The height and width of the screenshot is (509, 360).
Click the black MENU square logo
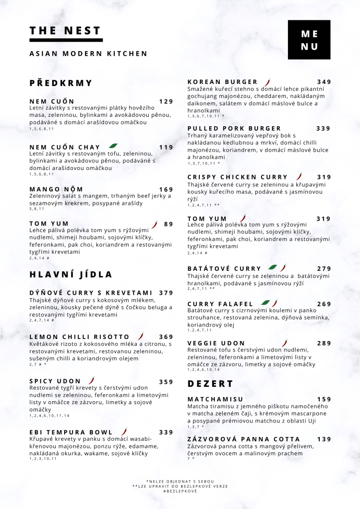[309, 40]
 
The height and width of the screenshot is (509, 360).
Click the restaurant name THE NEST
[65, 31]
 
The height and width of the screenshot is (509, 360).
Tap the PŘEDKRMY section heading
[61, 83]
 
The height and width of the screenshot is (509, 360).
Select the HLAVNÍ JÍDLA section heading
[71, 274]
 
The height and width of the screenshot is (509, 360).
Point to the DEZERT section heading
[210, 384]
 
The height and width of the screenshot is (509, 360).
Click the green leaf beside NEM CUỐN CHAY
[113, 146]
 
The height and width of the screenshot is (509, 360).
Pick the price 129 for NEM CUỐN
[166, 101]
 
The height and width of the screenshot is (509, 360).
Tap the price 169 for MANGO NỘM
[166, 189]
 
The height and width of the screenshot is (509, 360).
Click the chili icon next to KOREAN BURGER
[268, 82]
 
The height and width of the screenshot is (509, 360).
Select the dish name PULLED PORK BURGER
[234, 129]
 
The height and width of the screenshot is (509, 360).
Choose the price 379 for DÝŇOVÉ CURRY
[166, 293]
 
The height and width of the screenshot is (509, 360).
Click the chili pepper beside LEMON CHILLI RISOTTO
[141, 337]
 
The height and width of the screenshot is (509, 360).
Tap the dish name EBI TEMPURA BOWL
[71, 432]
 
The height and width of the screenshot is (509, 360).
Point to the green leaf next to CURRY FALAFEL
[266, 303]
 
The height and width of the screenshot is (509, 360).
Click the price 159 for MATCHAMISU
[324, 399]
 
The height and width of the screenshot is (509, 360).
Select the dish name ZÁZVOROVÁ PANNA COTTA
[244, 439]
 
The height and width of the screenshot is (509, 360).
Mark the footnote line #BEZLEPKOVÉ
[180, 491]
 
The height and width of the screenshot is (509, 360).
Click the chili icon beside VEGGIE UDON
[285, 342]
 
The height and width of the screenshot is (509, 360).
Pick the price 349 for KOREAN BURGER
[324, 82]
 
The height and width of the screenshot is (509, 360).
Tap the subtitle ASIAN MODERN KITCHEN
[89, 54]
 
